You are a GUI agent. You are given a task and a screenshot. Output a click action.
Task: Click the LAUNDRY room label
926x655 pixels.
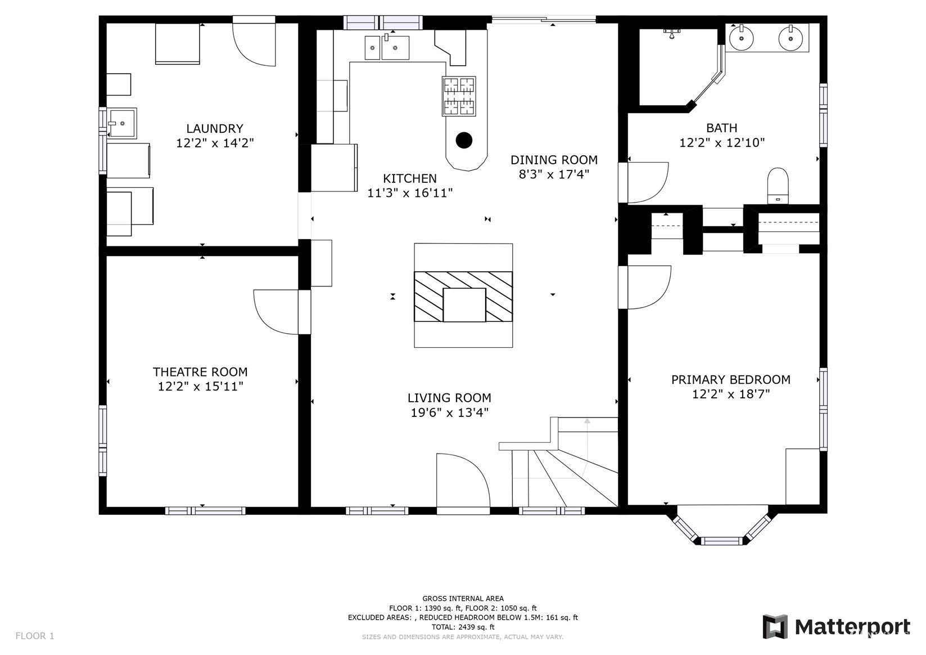click(x=215, y=128)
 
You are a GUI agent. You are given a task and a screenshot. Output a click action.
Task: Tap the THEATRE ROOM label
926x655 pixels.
click(x=200, y=372)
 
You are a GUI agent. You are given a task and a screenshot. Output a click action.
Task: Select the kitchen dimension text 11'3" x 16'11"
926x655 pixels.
click(x=410, y=193)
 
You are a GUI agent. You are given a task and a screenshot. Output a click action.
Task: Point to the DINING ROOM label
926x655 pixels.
click(x=554, y=160)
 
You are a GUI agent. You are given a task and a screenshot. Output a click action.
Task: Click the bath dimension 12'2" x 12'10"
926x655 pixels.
click(x=722, y=143)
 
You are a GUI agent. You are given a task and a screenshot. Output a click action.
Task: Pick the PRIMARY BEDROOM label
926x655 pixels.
click(x=731, y=379)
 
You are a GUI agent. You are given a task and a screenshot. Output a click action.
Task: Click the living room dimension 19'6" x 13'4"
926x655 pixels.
click(x=450, y=412)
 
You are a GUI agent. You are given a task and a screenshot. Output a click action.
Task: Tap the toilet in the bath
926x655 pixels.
click(x=778, y=186)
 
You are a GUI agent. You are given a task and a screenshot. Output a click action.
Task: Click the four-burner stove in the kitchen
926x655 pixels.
click(x=459, y=96)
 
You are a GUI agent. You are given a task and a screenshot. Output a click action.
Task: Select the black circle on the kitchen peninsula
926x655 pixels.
click(x=464, y=140)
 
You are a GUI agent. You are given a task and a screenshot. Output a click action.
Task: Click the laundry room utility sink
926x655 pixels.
click(x=121, y=123)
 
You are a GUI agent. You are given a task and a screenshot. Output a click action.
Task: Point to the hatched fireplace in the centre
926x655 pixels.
click(x=463, y=296)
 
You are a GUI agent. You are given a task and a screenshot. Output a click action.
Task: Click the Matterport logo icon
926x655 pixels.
click(x=775, y=626)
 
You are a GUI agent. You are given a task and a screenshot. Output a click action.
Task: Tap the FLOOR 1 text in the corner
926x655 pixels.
click(x=35, y=636)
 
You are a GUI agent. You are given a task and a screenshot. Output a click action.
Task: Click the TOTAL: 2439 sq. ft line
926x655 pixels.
click(x=463, y=627)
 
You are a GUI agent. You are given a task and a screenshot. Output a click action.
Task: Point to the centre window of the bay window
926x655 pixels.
click(x=721, y=540)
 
